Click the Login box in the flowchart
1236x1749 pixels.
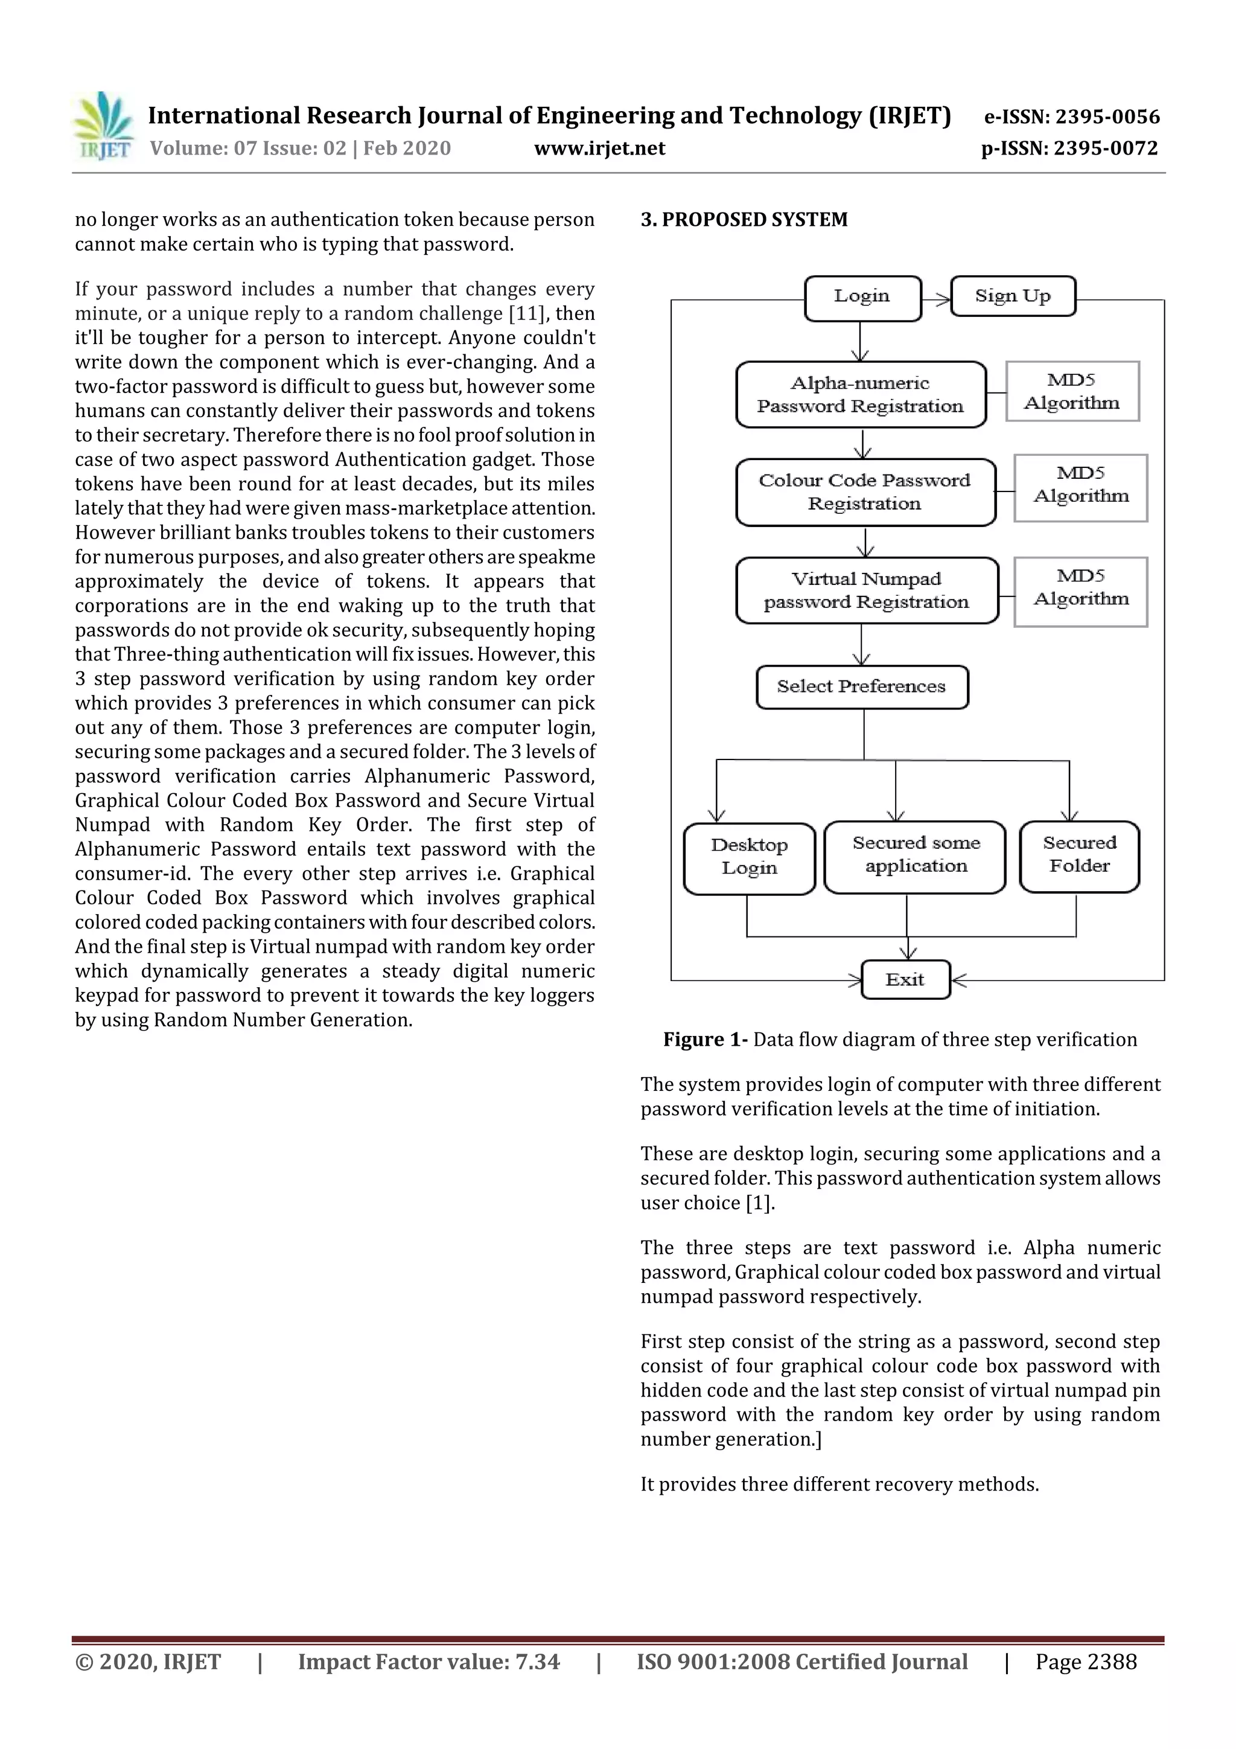[x=862, y=297]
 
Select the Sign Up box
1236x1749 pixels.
[x=1012, y=296]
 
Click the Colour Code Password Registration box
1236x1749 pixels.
[x=865, y=492]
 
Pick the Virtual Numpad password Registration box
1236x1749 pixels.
[x=866, y=590]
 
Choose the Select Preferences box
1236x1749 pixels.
[x=861, y=687]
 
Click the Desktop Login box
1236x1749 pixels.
[x=750, y=858]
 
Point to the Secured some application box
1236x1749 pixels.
[x=916, y=856]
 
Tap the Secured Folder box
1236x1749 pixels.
[x=1079, y=855]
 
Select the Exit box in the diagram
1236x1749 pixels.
[x=905, y=980]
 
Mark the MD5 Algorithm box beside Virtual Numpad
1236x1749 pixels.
[x=1081, y=592]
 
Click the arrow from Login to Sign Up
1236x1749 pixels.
[x=937, y=299]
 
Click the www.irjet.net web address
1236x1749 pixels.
[x=599, y=149]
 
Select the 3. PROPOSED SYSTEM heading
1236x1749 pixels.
[x=744, y=220]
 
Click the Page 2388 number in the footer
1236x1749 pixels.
[x=1085, y=1662]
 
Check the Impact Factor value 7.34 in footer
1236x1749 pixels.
[x=428, y=1662]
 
